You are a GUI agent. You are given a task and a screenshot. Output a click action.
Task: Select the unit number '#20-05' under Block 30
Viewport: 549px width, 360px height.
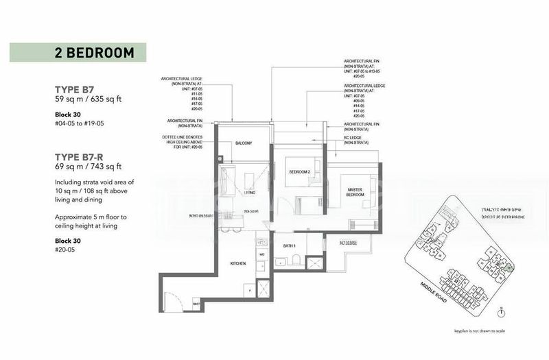tap(67, 251)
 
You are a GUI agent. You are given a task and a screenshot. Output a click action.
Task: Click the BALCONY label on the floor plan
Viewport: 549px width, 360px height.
tap(244, 143)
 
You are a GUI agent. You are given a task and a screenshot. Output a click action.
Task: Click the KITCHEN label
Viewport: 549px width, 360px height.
tap(237, 263)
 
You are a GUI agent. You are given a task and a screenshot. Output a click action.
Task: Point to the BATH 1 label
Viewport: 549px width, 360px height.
tap(289, 245)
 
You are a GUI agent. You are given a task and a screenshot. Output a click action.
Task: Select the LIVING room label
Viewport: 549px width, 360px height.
tap(250, 193)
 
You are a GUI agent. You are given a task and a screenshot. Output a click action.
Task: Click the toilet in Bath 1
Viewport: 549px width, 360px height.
tap(293, 259)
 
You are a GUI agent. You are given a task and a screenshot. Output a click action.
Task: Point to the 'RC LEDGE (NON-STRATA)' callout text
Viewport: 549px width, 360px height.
tap(357, 140)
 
